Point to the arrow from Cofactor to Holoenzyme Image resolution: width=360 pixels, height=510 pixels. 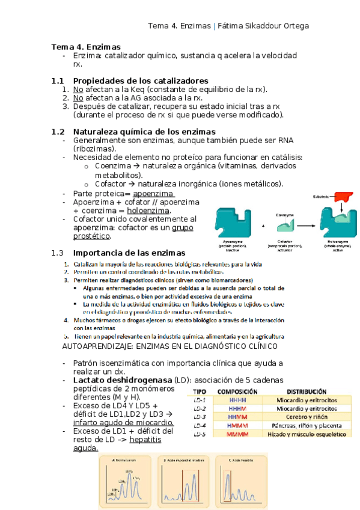tap(308, 226)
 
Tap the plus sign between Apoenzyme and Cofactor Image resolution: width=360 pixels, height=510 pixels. tap(263, 226)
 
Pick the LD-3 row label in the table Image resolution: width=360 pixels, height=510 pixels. tap(199, 417)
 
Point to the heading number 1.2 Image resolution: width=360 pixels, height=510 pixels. tap(58, 132)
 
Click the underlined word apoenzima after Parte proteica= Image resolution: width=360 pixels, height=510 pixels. tap(153, 194)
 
